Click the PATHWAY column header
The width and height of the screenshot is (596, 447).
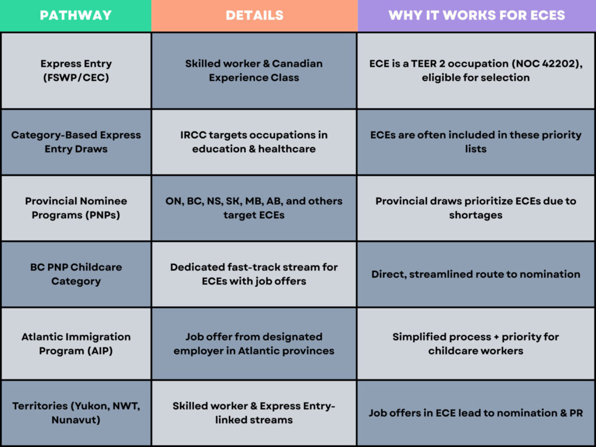[76, 15]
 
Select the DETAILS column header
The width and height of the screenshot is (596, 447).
[254, 15]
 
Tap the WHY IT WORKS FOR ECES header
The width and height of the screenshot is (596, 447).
[477, 15]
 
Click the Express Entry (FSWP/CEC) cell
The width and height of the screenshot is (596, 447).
[76, 70]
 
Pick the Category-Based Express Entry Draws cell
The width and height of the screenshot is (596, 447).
[76, 142]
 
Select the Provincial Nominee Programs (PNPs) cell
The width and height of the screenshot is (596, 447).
[76, 208]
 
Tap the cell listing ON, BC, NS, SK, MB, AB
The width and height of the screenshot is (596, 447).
[254, 208]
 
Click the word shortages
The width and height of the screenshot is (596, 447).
[476, 215]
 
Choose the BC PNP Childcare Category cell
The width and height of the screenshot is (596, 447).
[76, 274]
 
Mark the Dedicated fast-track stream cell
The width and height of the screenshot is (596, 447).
[254, 274]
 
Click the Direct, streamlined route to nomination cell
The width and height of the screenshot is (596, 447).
[476, 274]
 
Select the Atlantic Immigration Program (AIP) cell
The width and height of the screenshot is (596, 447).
[76, 343]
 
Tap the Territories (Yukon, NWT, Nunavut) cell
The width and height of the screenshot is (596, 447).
[76, 413]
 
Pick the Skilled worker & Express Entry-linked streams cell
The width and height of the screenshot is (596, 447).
[254, 413]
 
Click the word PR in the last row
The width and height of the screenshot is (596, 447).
[576, 413]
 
